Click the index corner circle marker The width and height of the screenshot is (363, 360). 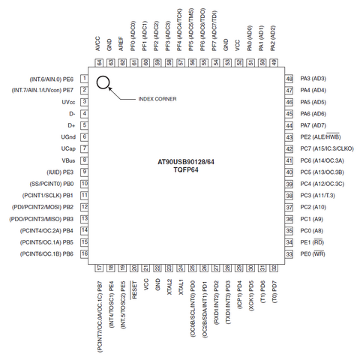pyautogui.click(x=97, y=82)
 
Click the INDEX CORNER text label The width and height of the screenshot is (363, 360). pyautogui.click(x=157, y=99)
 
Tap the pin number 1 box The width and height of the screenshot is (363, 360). pyautogui.click(x=84, y=79)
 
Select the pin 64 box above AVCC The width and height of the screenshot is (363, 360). pyautogui.click(x=100, y=63)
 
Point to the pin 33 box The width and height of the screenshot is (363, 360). pyautogui.click(x=289, y=254)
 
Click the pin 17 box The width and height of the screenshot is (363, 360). pyautogui.click(x=100, y=268)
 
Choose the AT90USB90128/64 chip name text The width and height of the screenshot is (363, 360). pyautogui.click(x=186, y=162)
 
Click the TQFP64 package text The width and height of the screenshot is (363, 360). pyautogui.click(x=186, y=170)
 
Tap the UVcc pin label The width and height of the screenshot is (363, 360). pyautogui.click(x=68, y=102)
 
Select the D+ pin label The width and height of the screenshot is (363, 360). pyautogui.click(x=71, y=125)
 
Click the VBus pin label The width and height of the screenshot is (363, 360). pyautogui.click(x=68, y=160)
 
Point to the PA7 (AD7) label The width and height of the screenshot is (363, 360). pyautogui.click(x=313, y=125)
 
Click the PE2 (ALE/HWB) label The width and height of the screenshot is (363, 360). pyautogui.click(x=320, y=136)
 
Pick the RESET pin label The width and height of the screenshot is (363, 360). pyautogui.click(x=134, y=290)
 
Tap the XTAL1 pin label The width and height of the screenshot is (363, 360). pyautogui.click(x=181, y=287)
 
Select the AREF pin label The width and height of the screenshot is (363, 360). pyautogui.click(x=121, y=44)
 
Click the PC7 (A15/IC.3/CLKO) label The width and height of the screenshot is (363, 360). pyautogui.click(x=327, y=148)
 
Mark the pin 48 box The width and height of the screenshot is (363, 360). pyautogui.click(x=289, y=79)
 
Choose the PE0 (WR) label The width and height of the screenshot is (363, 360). pyautogui.click(x=313, y=253)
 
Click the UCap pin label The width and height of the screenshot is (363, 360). pyautogui.click(x=68, y=148)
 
